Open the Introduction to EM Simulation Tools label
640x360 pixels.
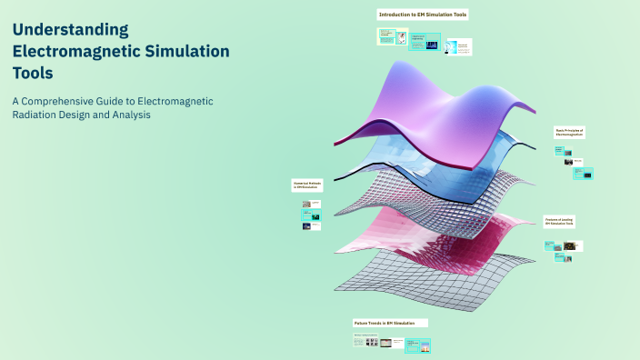(x=422, y=15)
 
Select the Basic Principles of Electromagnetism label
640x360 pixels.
(x=570, y=133)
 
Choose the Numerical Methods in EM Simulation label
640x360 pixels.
(x=308, y=185)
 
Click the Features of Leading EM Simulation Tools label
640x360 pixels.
(x=560, y=222)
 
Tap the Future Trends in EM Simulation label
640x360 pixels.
(x=389, y=323)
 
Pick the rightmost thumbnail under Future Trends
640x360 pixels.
(x=418, y=345)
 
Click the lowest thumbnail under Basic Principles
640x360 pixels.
(x=587, y=174)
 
